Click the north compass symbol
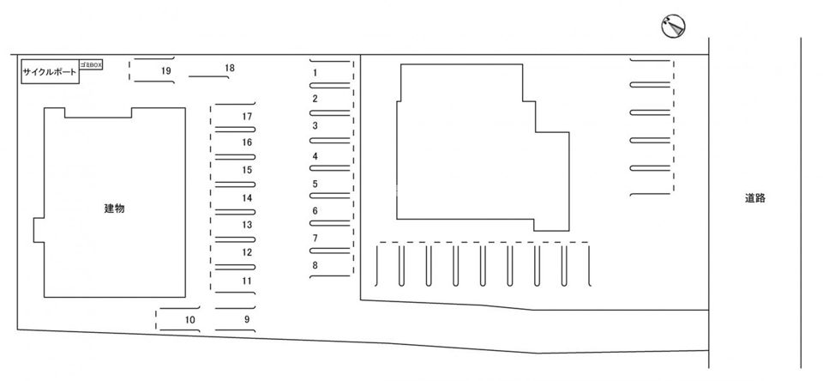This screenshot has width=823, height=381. pyautogui.click(x=674, y=27)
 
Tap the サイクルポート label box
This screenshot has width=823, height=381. pyautogui.click(x=49, y=72)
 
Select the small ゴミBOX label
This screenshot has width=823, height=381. pyautogui.click(x=91, y=63)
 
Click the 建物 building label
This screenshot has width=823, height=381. pyautogui.click(x=114, y=208)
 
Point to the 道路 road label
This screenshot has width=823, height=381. pyautogui.click(x=754, y=198)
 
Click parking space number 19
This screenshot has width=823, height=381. pyautogui.click(x=166, y=70)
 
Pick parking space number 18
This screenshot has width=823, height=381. pyautogui.click(x=230, y=67)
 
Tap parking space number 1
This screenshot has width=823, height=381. pyautogui.click(x=315, y=73)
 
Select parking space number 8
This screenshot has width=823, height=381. pyautogui.click(x=315, y=265)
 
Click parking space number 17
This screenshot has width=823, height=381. pyautogui.click(x=247, y=116)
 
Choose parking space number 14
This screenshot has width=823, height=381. pyautogui.click(x=247, y=197)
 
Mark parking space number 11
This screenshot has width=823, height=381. pyautogui.click(x=247, y=280)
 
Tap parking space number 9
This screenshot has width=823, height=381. pyautogui.click(x=247, y=319)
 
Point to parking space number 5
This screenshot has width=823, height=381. pyautogui.click(x=315, y=184)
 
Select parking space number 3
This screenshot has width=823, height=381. pyautogui.click(x=315, y=125)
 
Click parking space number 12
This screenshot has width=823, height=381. pyautogui.click(x=247, y=252)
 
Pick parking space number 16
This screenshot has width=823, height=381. pyautogui.click(x=247, y=142)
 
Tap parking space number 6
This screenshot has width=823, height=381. pyautogui.click(x=315, y=210)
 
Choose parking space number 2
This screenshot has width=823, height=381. pyautogui.click(x=315, y=99)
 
